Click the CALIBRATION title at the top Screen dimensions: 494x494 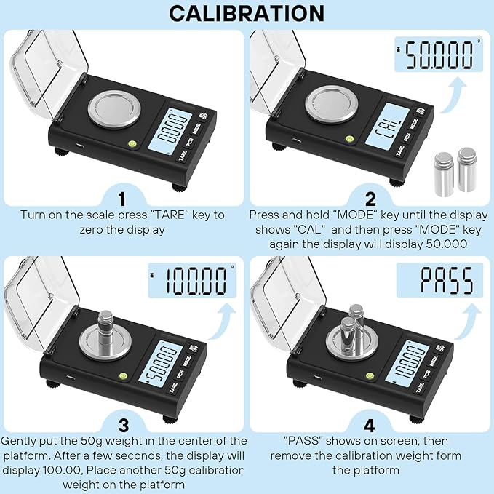247,13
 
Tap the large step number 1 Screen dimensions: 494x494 122,199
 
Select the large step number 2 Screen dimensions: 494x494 370,199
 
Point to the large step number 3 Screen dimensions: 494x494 124,426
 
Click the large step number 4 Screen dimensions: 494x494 370,426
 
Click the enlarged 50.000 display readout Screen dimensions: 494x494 439,55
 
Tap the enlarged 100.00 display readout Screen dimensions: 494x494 192,280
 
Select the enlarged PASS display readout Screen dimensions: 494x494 439,280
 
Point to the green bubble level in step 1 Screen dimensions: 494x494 132,144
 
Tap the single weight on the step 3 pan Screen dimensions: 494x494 106,330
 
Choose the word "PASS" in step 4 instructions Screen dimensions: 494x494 302,440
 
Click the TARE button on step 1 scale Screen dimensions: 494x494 183,155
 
